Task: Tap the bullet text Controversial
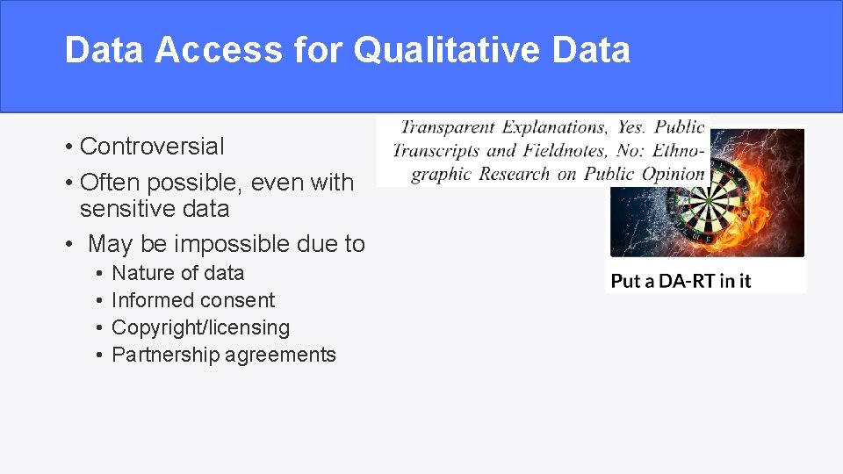tap(152, 146)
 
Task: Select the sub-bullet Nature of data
tap(177, 273)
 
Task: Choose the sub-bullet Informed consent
tap(193, 300)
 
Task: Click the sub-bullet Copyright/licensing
tap(200, 327)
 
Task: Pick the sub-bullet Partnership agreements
tap(224, 355)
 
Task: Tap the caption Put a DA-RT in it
tap(681, 281)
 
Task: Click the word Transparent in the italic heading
tap(447, 128)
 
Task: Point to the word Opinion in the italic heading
tap(674, 174)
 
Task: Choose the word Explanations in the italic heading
tap(553, 128)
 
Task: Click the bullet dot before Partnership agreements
tap(101, 355)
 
